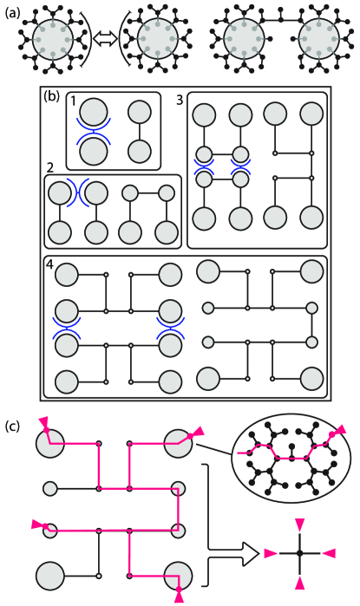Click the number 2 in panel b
click(51, 166)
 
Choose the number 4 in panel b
click(50, 264)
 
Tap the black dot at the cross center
click(299, 552)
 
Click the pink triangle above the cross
click(299, 522)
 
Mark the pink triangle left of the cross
click(269, 552)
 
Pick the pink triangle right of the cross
click(330, 552)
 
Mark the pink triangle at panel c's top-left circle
click(43, 421)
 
